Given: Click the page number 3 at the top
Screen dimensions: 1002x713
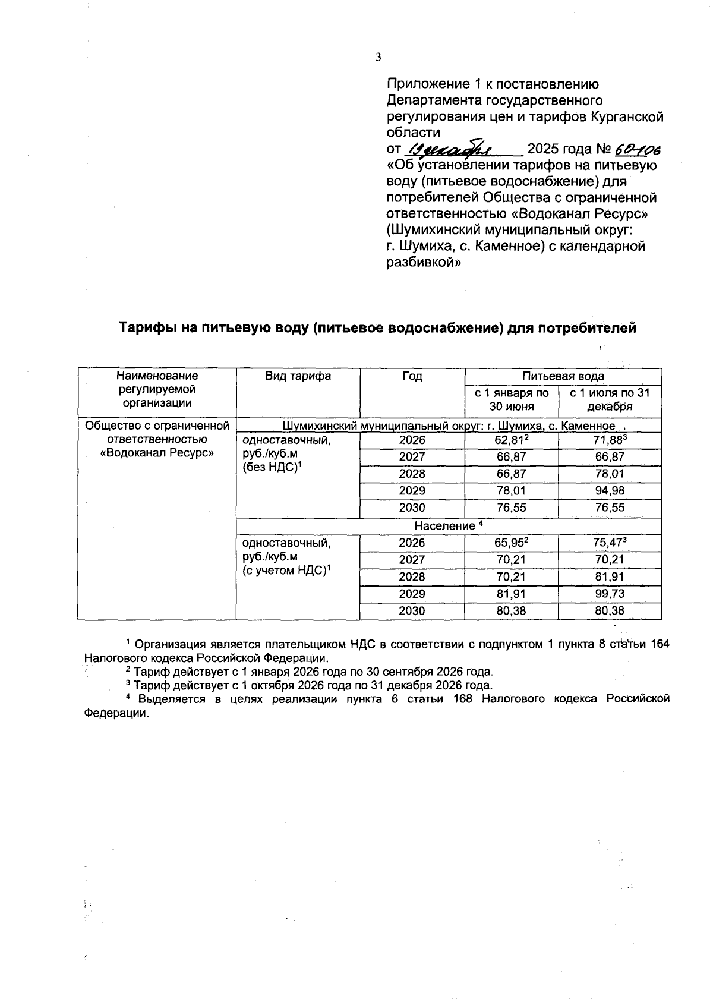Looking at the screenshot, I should tap(378, 57).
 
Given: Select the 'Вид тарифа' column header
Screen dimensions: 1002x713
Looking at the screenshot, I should tap(298, 376).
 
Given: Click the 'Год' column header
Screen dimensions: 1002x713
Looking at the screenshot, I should tap(412, 376).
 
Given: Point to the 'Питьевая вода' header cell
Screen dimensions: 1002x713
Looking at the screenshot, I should tap(563, 376).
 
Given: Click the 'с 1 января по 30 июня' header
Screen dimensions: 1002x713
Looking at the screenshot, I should tap(511, 400).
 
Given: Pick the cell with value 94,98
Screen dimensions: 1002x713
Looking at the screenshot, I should tap(609, 491).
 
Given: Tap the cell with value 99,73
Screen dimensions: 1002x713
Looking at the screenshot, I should tap(609, 594).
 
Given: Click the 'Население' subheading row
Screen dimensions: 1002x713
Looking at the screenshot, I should tap(449, 526).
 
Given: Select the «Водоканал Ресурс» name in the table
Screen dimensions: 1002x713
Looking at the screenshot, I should tap(157, 453).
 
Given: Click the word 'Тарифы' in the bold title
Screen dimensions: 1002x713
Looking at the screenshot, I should tap(146, 328).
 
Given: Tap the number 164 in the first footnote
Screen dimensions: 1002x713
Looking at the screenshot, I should tap(660, 644).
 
